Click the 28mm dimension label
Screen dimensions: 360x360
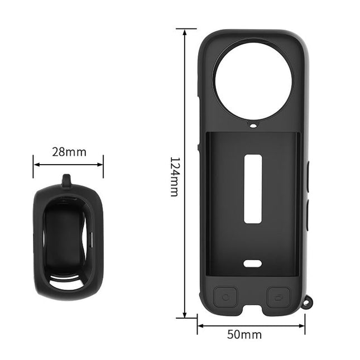[x=69, y=152]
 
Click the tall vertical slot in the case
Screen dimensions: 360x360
[x=253, y=189]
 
